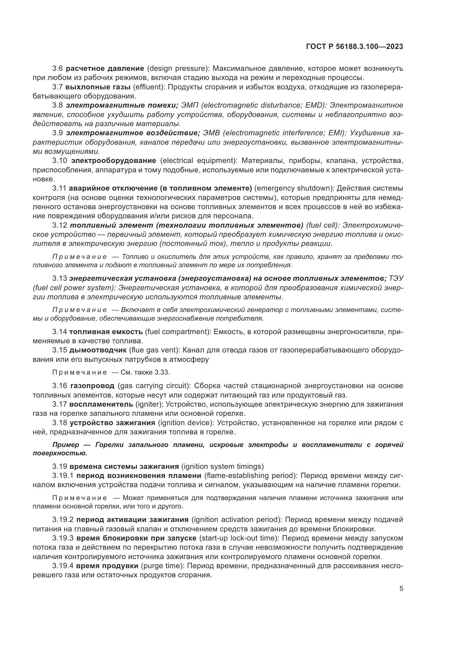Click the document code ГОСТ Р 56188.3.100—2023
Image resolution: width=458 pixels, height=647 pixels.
click(354, 47)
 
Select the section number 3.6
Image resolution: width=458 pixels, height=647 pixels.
click(58, 69)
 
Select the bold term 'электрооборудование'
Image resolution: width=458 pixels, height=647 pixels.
click(114, 161)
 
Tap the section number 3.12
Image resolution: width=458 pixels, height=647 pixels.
click(60, 225)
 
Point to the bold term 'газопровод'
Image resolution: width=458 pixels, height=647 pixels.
click(92, 386)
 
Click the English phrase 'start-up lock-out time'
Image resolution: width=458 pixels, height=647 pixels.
click(239, 538)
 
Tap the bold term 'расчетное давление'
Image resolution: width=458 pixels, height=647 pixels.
click(105, 69)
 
